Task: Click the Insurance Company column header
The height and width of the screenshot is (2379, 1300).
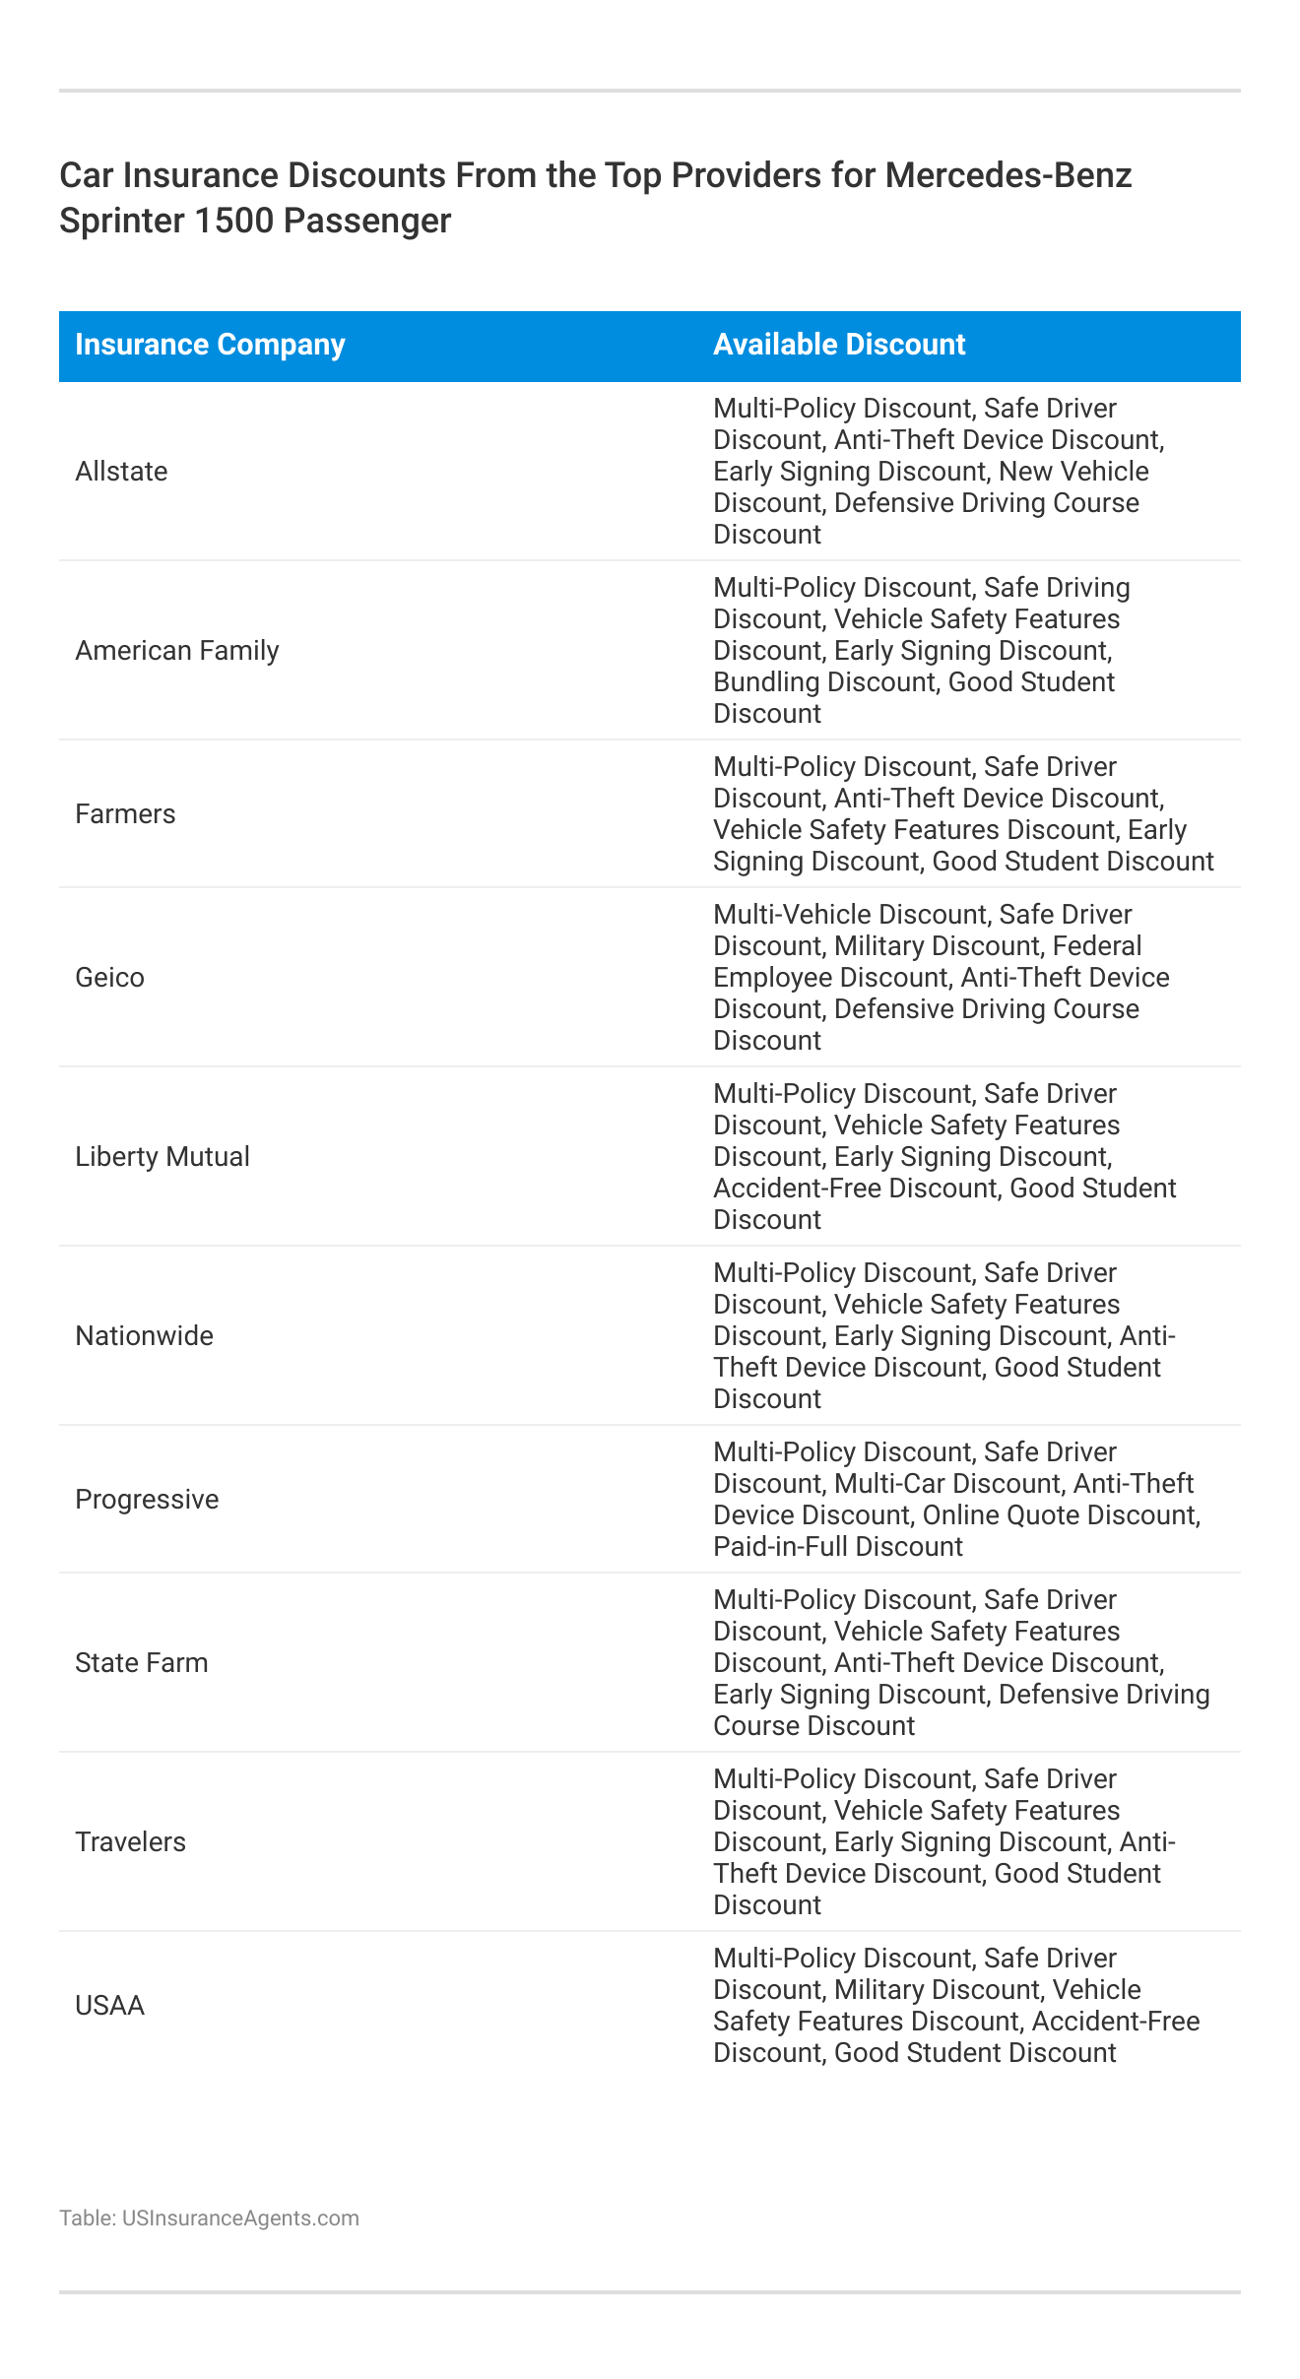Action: [210, 345]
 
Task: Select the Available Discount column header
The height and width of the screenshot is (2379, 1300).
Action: [839, 345]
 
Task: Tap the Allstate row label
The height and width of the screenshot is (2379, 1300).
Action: [121, 472]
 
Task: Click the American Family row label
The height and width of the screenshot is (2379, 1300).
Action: [177, 651]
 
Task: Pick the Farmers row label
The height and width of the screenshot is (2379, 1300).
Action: [125, 814]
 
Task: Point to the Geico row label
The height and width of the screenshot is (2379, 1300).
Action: [109, 978]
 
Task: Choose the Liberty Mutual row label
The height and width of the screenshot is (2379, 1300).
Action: [162, 1157]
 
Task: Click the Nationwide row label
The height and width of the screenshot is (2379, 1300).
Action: [144, 1336]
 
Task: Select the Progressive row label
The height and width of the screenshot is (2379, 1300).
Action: [147, 1500]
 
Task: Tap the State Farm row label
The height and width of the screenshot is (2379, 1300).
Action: [142, 1663]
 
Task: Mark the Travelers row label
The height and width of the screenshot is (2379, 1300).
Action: [130, 1842]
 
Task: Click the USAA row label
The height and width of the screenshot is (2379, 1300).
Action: [109, 2006]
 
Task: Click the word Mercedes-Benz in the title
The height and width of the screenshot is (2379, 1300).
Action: [1008, 175]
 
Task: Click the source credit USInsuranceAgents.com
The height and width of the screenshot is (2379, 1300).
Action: [240, 2218]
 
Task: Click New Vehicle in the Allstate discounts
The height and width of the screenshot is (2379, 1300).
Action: [1073, 472]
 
